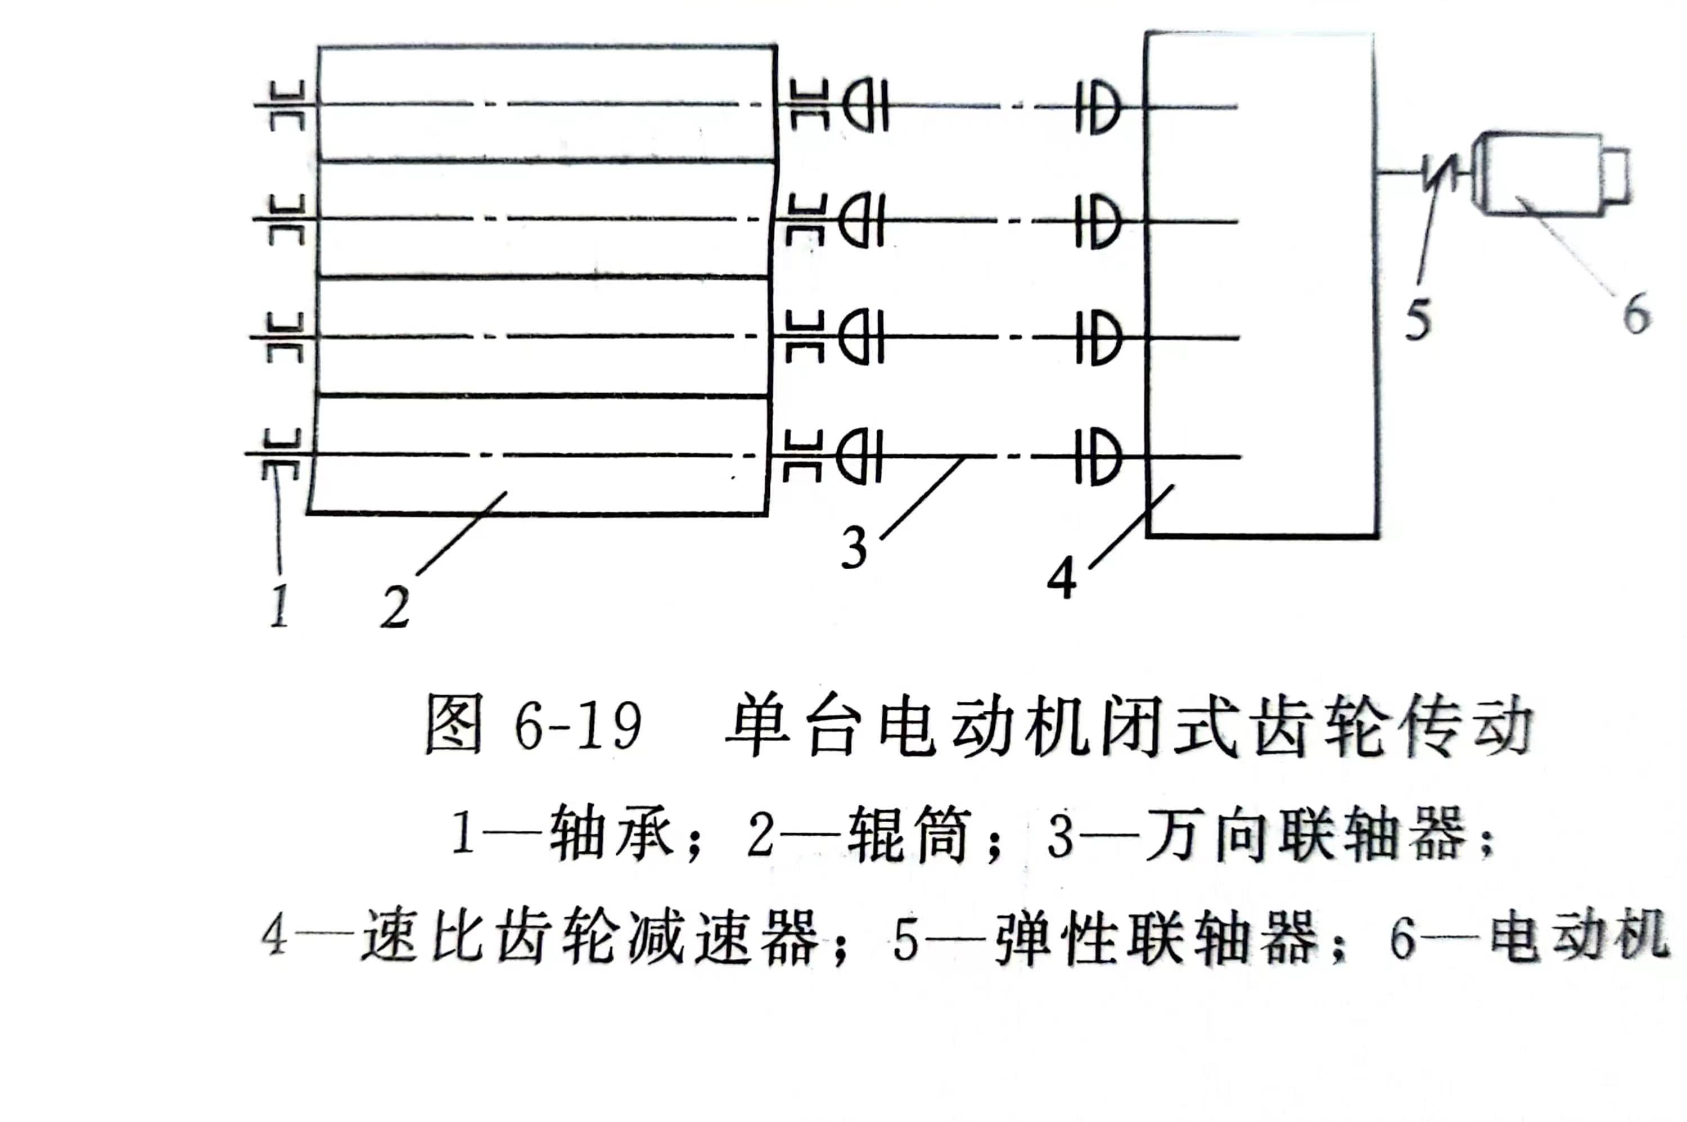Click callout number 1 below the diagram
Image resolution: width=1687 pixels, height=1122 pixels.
click(x=279, y=605)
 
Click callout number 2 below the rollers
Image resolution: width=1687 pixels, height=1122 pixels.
click(x=394, y=606)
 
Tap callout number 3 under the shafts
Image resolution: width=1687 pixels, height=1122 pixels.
click(x=854, y=547)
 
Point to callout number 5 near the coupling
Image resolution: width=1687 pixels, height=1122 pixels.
click(x=1417, y=318)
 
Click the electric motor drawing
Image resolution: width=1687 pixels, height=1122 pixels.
click(x=1549, y=173)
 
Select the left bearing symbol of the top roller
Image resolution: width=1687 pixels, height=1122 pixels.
click(x=287, y=105)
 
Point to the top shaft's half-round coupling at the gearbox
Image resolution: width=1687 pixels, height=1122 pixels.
click(x=1098, y=107)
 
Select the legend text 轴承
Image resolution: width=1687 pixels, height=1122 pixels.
click(x=611, y=833)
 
